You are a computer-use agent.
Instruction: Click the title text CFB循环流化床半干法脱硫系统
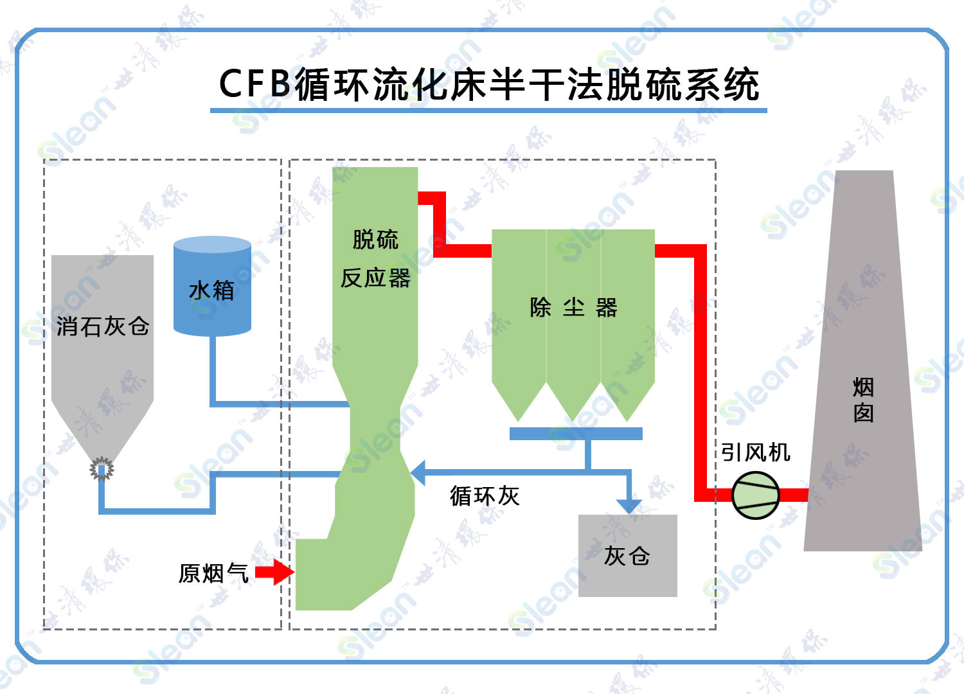tap(488, 84)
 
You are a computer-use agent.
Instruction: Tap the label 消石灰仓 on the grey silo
tap(103, 326)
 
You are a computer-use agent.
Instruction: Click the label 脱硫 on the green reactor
tap(375, 240)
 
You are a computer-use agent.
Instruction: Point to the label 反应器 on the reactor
tap(375, 278)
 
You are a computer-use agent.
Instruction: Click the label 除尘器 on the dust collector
tap(573, 308)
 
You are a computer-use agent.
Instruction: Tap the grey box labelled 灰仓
tap(627, 556)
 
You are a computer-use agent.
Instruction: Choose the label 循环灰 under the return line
tap(485, 496)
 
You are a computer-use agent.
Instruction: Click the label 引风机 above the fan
tap(755, 452)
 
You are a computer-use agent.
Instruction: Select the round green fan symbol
tap(755, 495)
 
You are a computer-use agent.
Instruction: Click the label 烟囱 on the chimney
tap(863, 400)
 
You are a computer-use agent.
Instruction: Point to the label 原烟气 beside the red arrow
tap(213, 573)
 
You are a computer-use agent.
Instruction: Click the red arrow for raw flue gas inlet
tap(275, 572)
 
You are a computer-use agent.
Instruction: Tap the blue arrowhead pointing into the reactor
tap(418, 473)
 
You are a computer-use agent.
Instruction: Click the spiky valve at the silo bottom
tap(102, 469)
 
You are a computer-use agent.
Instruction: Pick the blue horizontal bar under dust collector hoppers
tap(576, 434)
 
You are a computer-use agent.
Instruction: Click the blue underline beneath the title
tap(488, 111)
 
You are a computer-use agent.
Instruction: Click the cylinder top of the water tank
tap(212, 245)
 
